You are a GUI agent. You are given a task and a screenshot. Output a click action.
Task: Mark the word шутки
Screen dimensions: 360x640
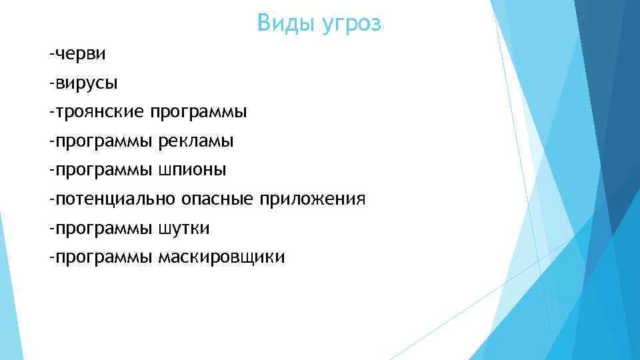[x=184, y=229]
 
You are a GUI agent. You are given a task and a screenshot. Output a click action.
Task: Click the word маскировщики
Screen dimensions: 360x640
[x=221, y=257]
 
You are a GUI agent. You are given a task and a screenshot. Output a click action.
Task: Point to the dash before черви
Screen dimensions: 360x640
[x=51, y=53]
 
